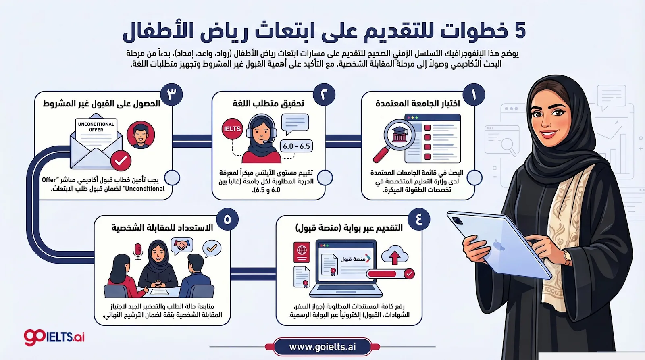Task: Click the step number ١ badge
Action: pyautogui.click(x=474, y=95)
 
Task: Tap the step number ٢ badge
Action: pyautogui.click(x=325, y=95)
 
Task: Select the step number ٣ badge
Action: pyautogui.click(x=172, y=95)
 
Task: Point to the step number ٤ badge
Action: pyautogui.click(x=419, y=219)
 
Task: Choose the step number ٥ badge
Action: pyautogui.click(x=227, y=219)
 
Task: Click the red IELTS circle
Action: pyautogui.click(x=232, y=129)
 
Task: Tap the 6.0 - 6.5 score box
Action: pyautogui.click(x=296, y=146)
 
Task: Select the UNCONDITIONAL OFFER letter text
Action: pyautogui.click(x=96, y=127)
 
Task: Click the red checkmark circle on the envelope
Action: pyautogui.click(x=121, y=161)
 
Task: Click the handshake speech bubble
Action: pyautogui.click(x=182, y=245)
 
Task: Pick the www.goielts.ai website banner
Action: pyautogui.click(x=322, y=347)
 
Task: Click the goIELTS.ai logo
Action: pyautogui.click(x=54, y=337)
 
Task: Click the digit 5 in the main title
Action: pyautogui.click(x=520, y=31)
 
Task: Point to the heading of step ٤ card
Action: pyautogui.click(x=349, y=228)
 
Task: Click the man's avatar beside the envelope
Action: pyautogui.click(x=141, y=135)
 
